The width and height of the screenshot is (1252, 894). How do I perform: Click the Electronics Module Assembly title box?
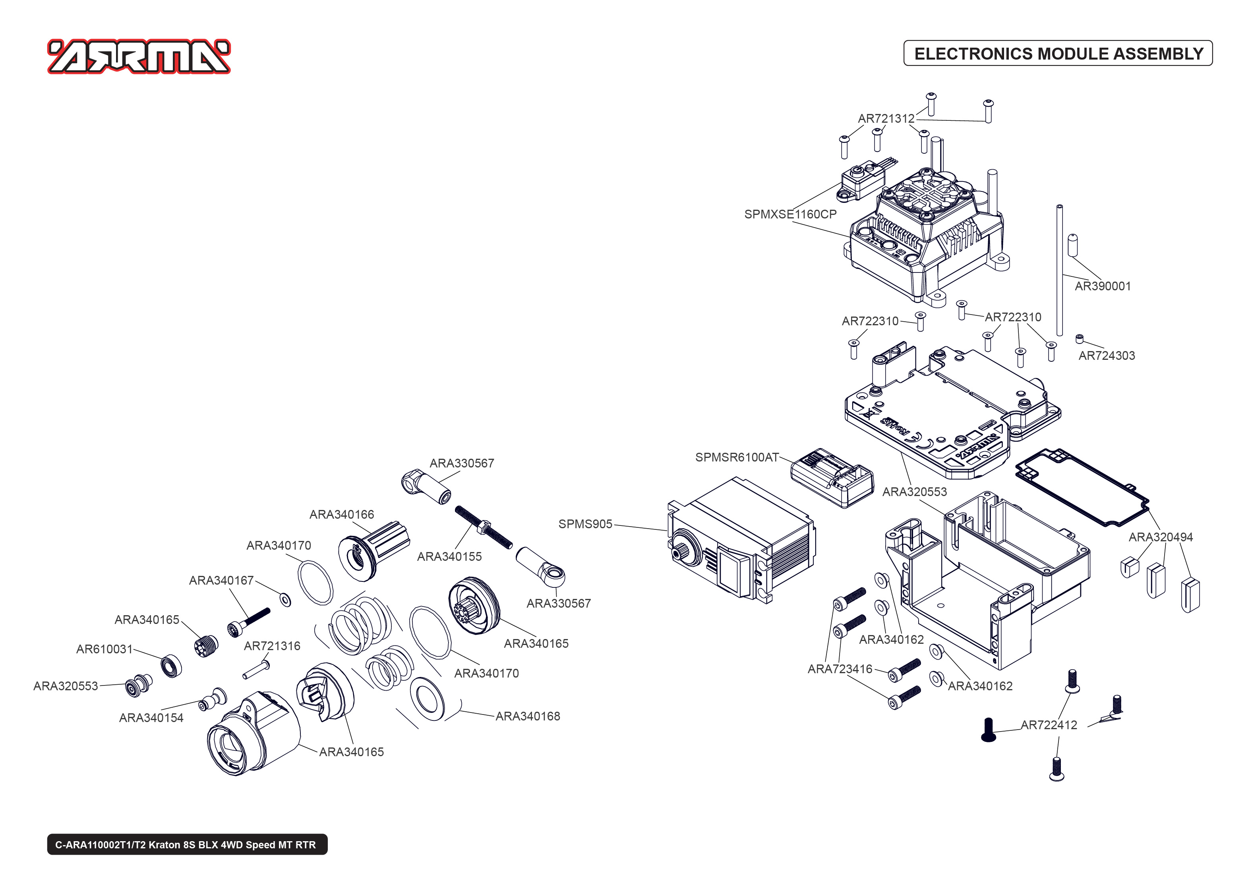click(x=1058, y=53)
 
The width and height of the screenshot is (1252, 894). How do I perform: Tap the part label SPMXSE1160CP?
click(x=790, y=214)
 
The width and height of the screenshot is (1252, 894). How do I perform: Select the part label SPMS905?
click(x=585, y=524)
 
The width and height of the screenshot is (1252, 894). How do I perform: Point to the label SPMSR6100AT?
click(x=736, y=458)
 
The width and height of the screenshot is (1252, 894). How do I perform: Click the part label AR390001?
click(x=1102, y=286)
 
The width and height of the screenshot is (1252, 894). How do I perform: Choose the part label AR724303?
click(x=1106, y=355)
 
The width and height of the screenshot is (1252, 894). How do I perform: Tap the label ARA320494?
click(x=1160, y=537)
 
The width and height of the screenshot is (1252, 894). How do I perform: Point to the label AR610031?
click(x=104, y=649)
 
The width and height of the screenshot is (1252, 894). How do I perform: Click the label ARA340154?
click(x=151, y=718)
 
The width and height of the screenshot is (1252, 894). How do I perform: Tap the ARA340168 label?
click(x=527, y=716)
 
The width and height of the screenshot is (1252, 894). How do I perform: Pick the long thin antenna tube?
click(x=1059, y=270)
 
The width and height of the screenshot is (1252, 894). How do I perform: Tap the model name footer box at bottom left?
click(x=187, y=844)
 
